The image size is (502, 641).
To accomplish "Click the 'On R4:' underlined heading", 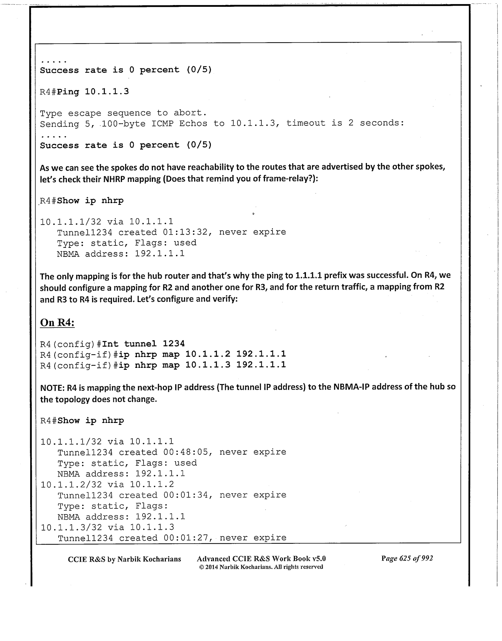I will (x=57, y=323).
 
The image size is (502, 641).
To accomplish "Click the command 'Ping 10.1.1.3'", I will (x=93, y=92).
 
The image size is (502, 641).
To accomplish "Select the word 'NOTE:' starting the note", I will (x=52, y=387).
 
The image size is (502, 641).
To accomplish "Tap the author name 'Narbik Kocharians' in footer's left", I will (x=149, y=559).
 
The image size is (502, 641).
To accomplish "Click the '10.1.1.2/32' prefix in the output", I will (x=71, y=484).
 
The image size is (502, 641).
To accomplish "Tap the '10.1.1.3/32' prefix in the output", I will (x=71, y=527).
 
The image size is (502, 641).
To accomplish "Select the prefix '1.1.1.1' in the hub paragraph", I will (x=308, y=275).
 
